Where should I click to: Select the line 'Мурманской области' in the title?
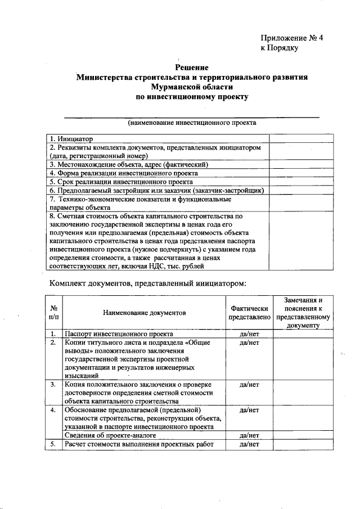point(192,87)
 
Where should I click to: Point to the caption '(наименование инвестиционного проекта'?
point(192,122)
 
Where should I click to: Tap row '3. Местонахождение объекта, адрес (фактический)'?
point(129,164)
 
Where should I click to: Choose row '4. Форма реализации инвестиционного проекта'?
point(123,173)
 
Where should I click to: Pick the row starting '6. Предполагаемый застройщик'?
point(157,190)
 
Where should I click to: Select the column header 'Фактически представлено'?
point(248,313)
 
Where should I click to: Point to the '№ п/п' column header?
point(55,313)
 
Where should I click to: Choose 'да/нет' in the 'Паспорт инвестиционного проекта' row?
point(248,334)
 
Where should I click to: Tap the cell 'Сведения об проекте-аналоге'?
point(110,435)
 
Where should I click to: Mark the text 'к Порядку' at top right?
point(279,48)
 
